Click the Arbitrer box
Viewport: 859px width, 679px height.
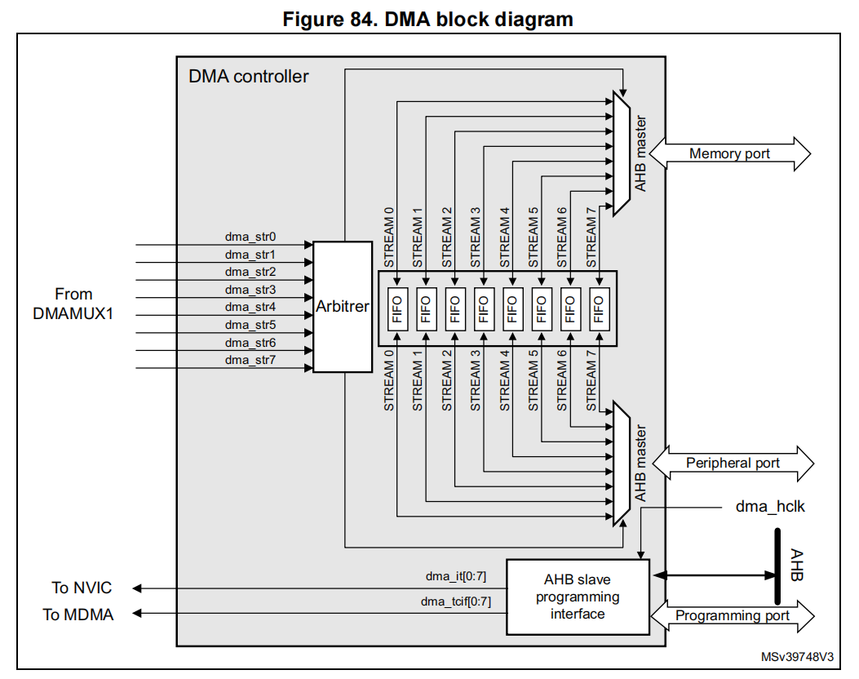[343, 307]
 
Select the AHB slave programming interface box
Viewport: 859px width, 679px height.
[578, 597]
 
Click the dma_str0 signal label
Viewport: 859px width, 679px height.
[250, 237]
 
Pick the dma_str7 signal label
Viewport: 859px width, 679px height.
[250, 360]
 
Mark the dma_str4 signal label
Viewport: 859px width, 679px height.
[250, 307]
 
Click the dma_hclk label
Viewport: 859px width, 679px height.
[769, 507]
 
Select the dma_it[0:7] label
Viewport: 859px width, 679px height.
[455, 576]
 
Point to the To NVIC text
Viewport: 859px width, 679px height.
[82, 588]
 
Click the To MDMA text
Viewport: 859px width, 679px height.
[78, 615]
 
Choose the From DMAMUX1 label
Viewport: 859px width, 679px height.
[73, 303]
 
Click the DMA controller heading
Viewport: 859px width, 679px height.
[249, 77]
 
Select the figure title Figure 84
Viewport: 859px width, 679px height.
[427, 20]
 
